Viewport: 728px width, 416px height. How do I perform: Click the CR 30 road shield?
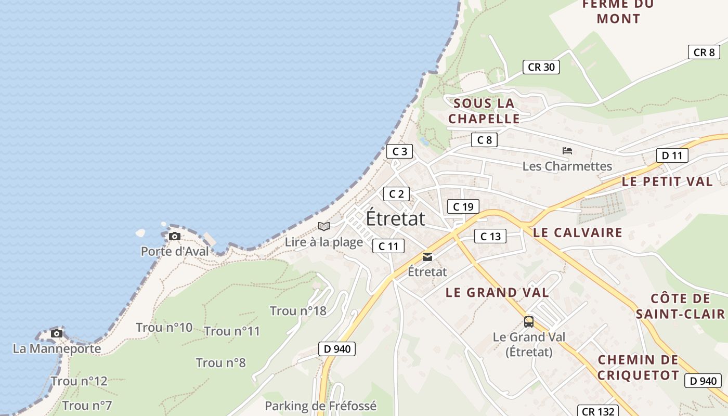pyautogui.click(x=541, y=67)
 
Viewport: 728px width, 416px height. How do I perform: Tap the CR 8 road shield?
pyautogui.click(x=704, y=52)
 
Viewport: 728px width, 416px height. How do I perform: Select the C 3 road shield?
pyautogui.click(x=399, y=151)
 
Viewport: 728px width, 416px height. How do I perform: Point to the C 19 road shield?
pyautogui.click(x=463, y=206)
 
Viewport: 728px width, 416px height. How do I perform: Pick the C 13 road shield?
pyautogui.click(x=490, y=237)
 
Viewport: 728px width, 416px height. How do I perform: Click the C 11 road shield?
pyautogui.click(x=388, y=246)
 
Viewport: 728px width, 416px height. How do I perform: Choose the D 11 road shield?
pyautogui.click(x=672, y=155)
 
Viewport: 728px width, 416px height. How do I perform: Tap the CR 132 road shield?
pyautogui.click(x=598, y=411)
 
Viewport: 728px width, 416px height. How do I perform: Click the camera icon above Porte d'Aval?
pyautogui.click(x=175, y=237)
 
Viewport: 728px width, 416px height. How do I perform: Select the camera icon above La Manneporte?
pyautogui.click(x=57, y=333)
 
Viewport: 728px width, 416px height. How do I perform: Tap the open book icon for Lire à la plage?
pyautogui.click(x=324, y=226)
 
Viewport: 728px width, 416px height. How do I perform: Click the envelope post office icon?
pyautogui.click(x=427, y=257)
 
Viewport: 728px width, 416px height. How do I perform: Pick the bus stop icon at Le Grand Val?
pyautogui.click(x=529, y=322)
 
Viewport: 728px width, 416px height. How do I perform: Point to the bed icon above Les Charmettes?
pyautogui.click(x=567, y=151)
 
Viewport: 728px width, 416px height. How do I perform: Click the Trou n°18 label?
pyautogui.click(x=298, y=311)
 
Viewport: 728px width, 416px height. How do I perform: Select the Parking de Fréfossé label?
pyautogui.click(x=320, y=406)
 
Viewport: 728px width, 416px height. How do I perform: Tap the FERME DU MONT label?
pyautogui.click(x=618, y=11)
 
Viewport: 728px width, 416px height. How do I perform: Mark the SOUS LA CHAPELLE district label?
pyautogui.click(x=484, y=111)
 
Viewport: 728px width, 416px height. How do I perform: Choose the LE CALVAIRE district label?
pyautogui.click(x=578, y=232)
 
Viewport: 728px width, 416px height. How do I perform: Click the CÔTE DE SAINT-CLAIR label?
pyautogui.click(x=680, y=306)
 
